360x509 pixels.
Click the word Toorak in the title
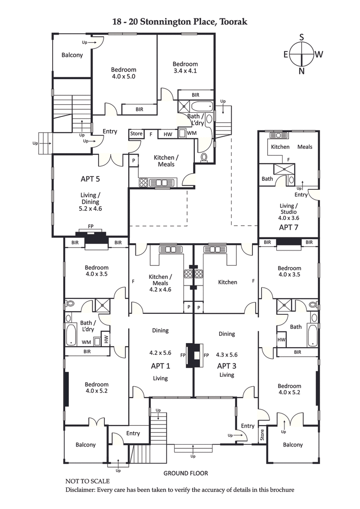(233, 21)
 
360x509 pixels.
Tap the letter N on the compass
(301, 71)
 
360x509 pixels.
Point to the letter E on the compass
(286, 54)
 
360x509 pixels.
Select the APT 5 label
(90, 179)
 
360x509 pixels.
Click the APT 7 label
(288, 227)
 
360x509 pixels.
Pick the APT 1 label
(160, 366)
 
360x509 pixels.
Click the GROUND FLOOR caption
(185, 473)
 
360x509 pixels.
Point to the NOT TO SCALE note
(87, 481)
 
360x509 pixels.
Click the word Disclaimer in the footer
(81, 490)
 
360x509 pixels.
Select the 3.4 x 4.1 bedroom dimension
(185, 71)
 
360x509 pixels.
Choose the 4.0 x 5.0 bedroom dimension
(123, 76)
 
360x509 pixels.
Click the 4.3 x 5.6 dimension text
(227, 354)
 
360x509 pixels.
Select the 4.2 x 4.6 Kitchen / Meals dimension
(160, 290)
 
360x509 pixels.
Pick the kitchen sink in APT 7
(275, 135)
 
